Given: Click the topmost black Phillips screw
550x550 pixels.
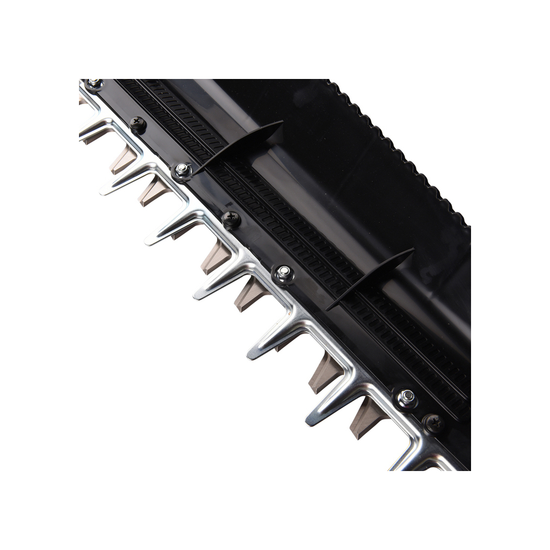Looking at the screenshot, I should [138, 124].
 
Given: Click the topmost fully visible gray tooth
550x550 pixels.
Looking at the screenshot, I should [124, 160].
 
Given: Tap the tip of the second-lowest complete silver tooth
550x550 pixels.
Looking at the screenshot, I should [252, 354].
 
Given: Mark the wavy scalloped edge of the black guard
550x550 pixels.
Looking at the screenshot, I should [397, 150].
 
